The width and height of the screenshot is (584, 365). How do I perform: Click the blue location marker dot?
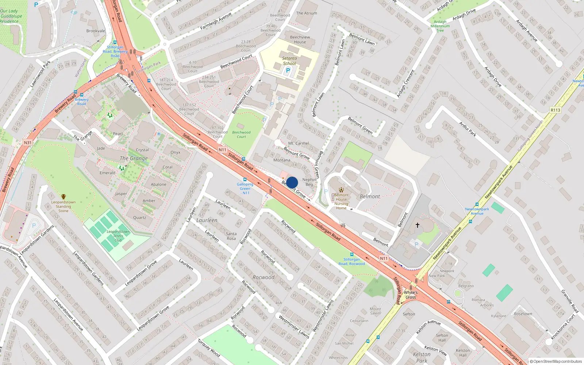click(x=292, y=182)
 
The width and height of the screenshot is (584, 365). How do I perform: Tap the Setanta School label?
click(x=289, y=61)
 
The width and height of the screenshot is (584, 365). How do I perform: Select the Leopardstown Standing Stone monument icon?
click(x=64, y=197)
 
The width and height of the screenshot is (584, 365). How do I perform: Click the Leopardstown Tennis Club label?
click(x=118, y=236)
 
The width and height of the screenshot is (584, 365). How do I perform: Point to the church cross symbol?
click(x=418, y=225)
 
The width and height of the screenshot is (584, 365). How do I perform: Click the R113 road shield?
click(x=555, y=110)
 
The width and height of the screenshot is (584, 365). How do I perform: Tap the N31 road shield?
click(x=27, y=142)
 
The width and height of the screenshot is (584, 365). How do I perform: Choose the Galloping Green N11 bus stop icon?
click(x=245, y=180)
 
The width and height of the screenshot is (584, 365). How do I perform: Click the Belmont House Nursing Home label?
click(x=341, y=201)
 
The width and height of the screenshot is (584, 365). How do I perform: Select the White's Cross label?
click(x=411, y=295)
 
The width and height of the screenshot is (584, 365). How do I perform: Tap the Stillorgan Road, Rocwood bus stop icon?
click(x=351, y=254)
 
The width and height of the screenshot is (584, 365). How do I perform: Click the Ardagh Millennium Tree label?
click(x=440, y=26)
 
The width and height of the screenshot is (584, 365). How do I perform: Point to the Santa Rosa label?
click(x=231, y=236)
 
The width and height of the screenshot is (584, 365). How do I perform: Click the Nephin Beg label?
click(x=309, y=182)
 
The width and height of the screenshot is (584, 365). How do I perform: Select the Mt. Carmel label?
click(x=298, y=143)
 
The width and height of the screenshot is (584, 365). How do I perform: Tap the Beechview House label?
click(x=300, y=39)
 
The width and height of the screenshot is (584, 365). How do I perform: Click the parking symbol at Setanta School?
click(x=288, y=70)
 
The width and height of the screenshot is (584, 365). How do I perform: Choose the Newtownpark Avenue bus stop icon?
click(x=477, y=204)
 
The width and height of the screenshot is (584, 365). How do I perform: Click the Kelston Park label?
click(x=422, y=357)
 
